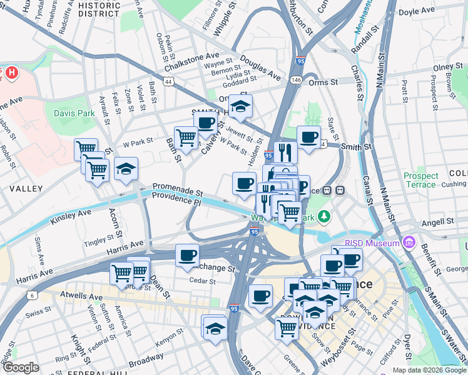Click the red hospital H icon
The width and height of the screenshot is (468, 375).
tap(11, 73)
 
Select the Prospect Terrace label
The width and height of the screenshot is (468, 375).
tap(420, 181)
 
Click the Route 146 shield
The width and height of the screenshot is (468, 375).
tap(295, 81)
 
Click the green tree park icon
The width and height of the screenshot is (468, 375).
tap(323, 217)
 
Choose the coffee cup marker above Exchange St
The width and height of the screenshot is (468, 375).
tap(187, 255)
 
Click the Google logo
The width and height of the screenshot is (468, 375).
tap(21, 367)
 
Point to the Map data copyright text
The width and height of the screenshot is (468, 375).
tap(429, 370)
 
